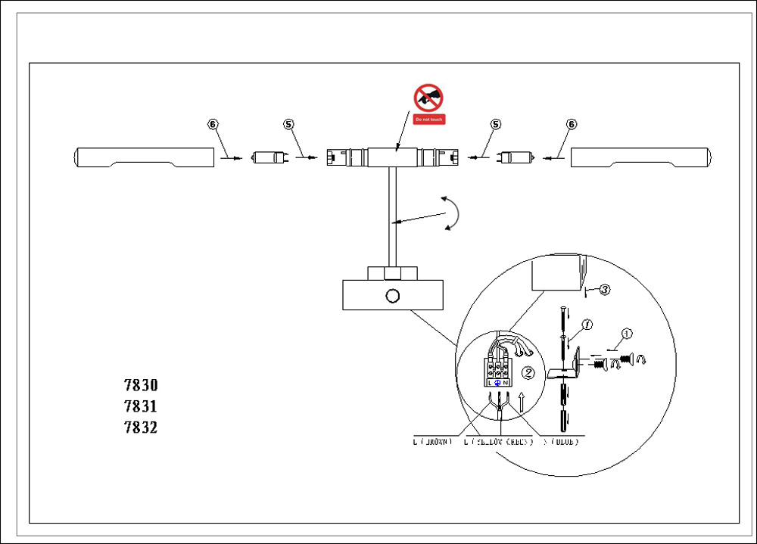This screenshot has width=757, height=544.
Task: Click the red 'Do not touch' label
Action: [428, 120]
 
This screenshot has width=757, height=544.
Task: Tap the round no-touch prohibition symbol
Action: [428, 98]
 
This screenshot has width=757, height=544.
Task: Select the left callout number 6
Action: [213, 124]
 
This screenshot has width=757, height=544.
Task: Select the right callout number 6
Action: [572, 124]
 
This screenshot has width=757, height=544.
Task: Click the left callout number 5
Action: [288, 124]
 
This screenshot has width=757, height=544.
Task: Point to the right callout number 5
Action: [496, 124]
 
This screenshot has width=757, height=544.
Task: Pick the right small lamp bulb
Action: [516, 157]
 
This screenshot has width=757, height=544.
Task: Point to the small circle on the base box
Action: [392, 295]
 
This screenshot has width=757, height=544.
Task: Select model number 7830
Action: [141, 385]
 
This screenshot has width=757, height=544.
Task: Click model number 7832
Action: [141, 427]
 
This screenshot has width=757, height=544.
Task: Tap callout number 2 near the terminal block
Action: [529, 373]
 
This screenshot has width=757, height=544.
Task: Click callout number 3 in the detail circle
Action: [605, 289]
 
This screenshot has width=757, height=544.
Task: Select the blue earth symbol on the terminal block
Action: [497, 383]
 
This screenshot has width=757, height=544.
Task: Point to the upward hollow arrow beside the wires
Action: [521, 401]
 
